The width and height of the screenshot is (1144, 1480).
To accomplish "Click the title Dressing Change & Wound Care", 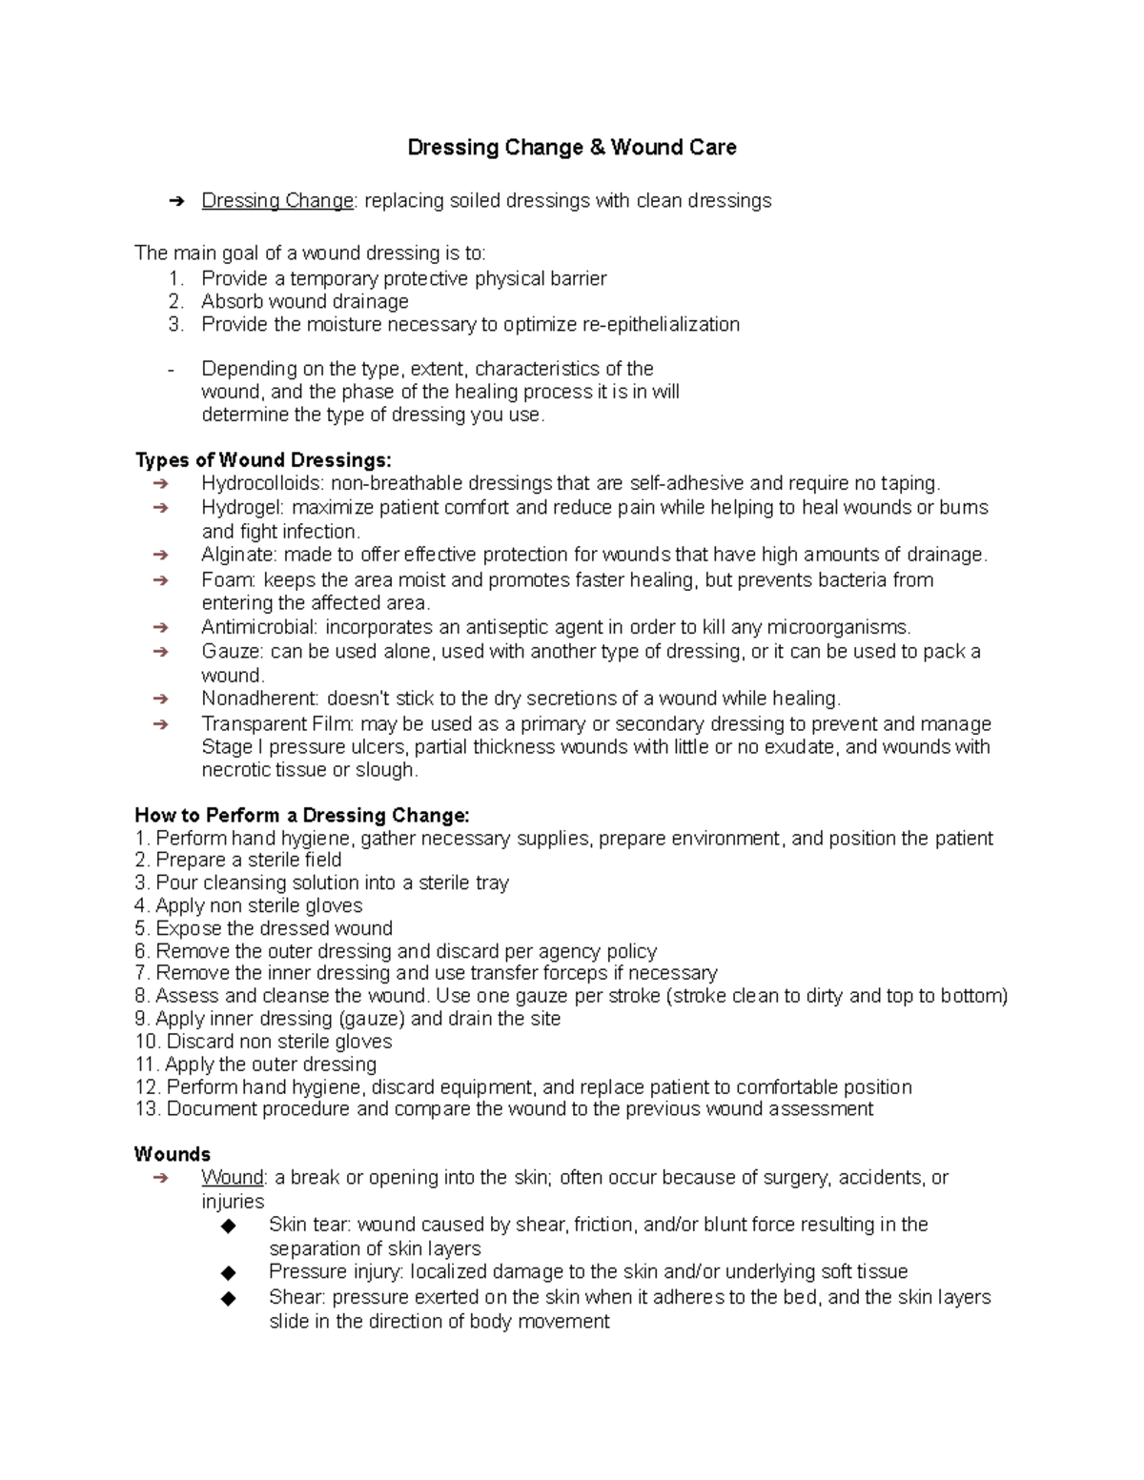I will [571, 148].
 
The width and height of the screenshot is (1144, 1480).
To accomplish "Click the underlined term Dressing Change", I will [277, 201].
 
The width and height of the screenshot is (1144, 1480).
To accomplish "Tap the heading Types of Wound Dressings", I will [263, 460].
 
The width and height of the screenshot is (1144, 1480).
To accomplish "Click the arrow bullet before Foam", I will [160, 580].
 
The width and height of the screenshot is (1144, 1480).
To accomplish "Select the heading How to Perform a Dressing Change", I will [302, 816].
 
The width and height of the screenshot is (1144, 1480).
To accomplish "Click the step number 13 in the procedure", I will [147, 1109].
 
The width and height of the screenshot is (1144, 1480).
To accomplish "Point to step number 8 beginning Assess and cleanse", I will [142, 996].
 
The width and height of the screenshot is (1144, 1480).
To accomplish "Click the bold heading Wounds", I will [173, 1154].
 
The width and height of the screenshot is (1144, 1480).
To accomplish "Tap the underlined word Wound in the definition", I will [232, 1178].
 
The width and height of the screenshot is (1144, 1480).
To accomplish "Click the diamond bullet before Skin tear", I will [228, 1226].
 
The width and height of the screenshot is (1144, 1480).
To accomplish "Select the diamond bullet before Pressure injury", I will [228, 1272].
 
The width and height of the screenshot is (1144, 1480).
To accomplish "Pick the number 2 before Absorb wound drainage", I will [174, 302].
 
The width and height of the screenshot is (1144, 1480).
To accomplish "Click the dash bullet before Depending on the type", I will [170, 370].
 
